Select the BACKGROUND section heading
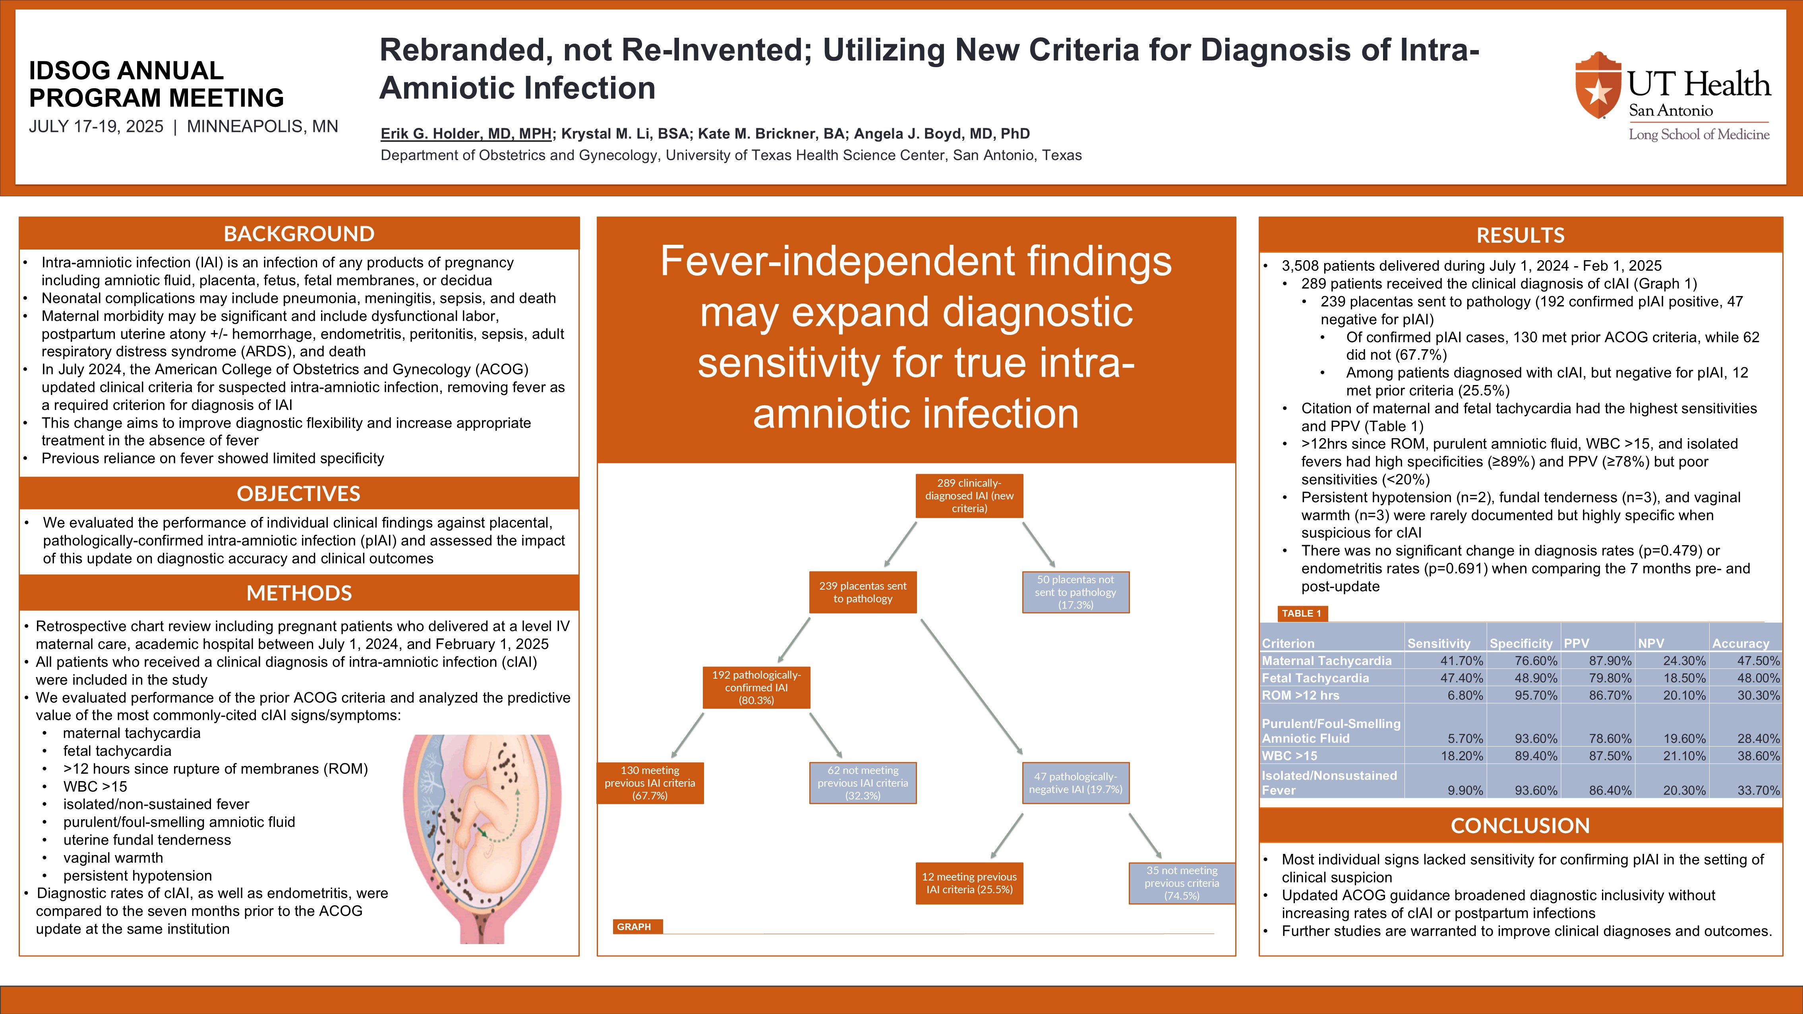click(299, 234)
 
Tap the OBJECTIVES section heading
click(299, 494)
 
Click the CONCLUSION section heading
click(1520, 826)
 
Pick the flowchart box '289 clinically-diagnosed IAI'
click(969, 495)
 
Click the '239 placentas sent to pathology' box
click(863, 592)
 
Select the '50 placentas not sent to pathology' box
click(1076, 592)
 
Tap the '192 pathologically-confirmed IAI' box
click(756, 687)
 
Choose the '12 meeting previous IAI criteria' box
click(969, 883)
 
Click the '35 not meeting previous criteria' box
click(1182, 883)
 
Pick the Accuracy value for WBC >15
click(1758, 756)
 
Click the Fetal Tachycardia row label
click(1315, 678)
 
